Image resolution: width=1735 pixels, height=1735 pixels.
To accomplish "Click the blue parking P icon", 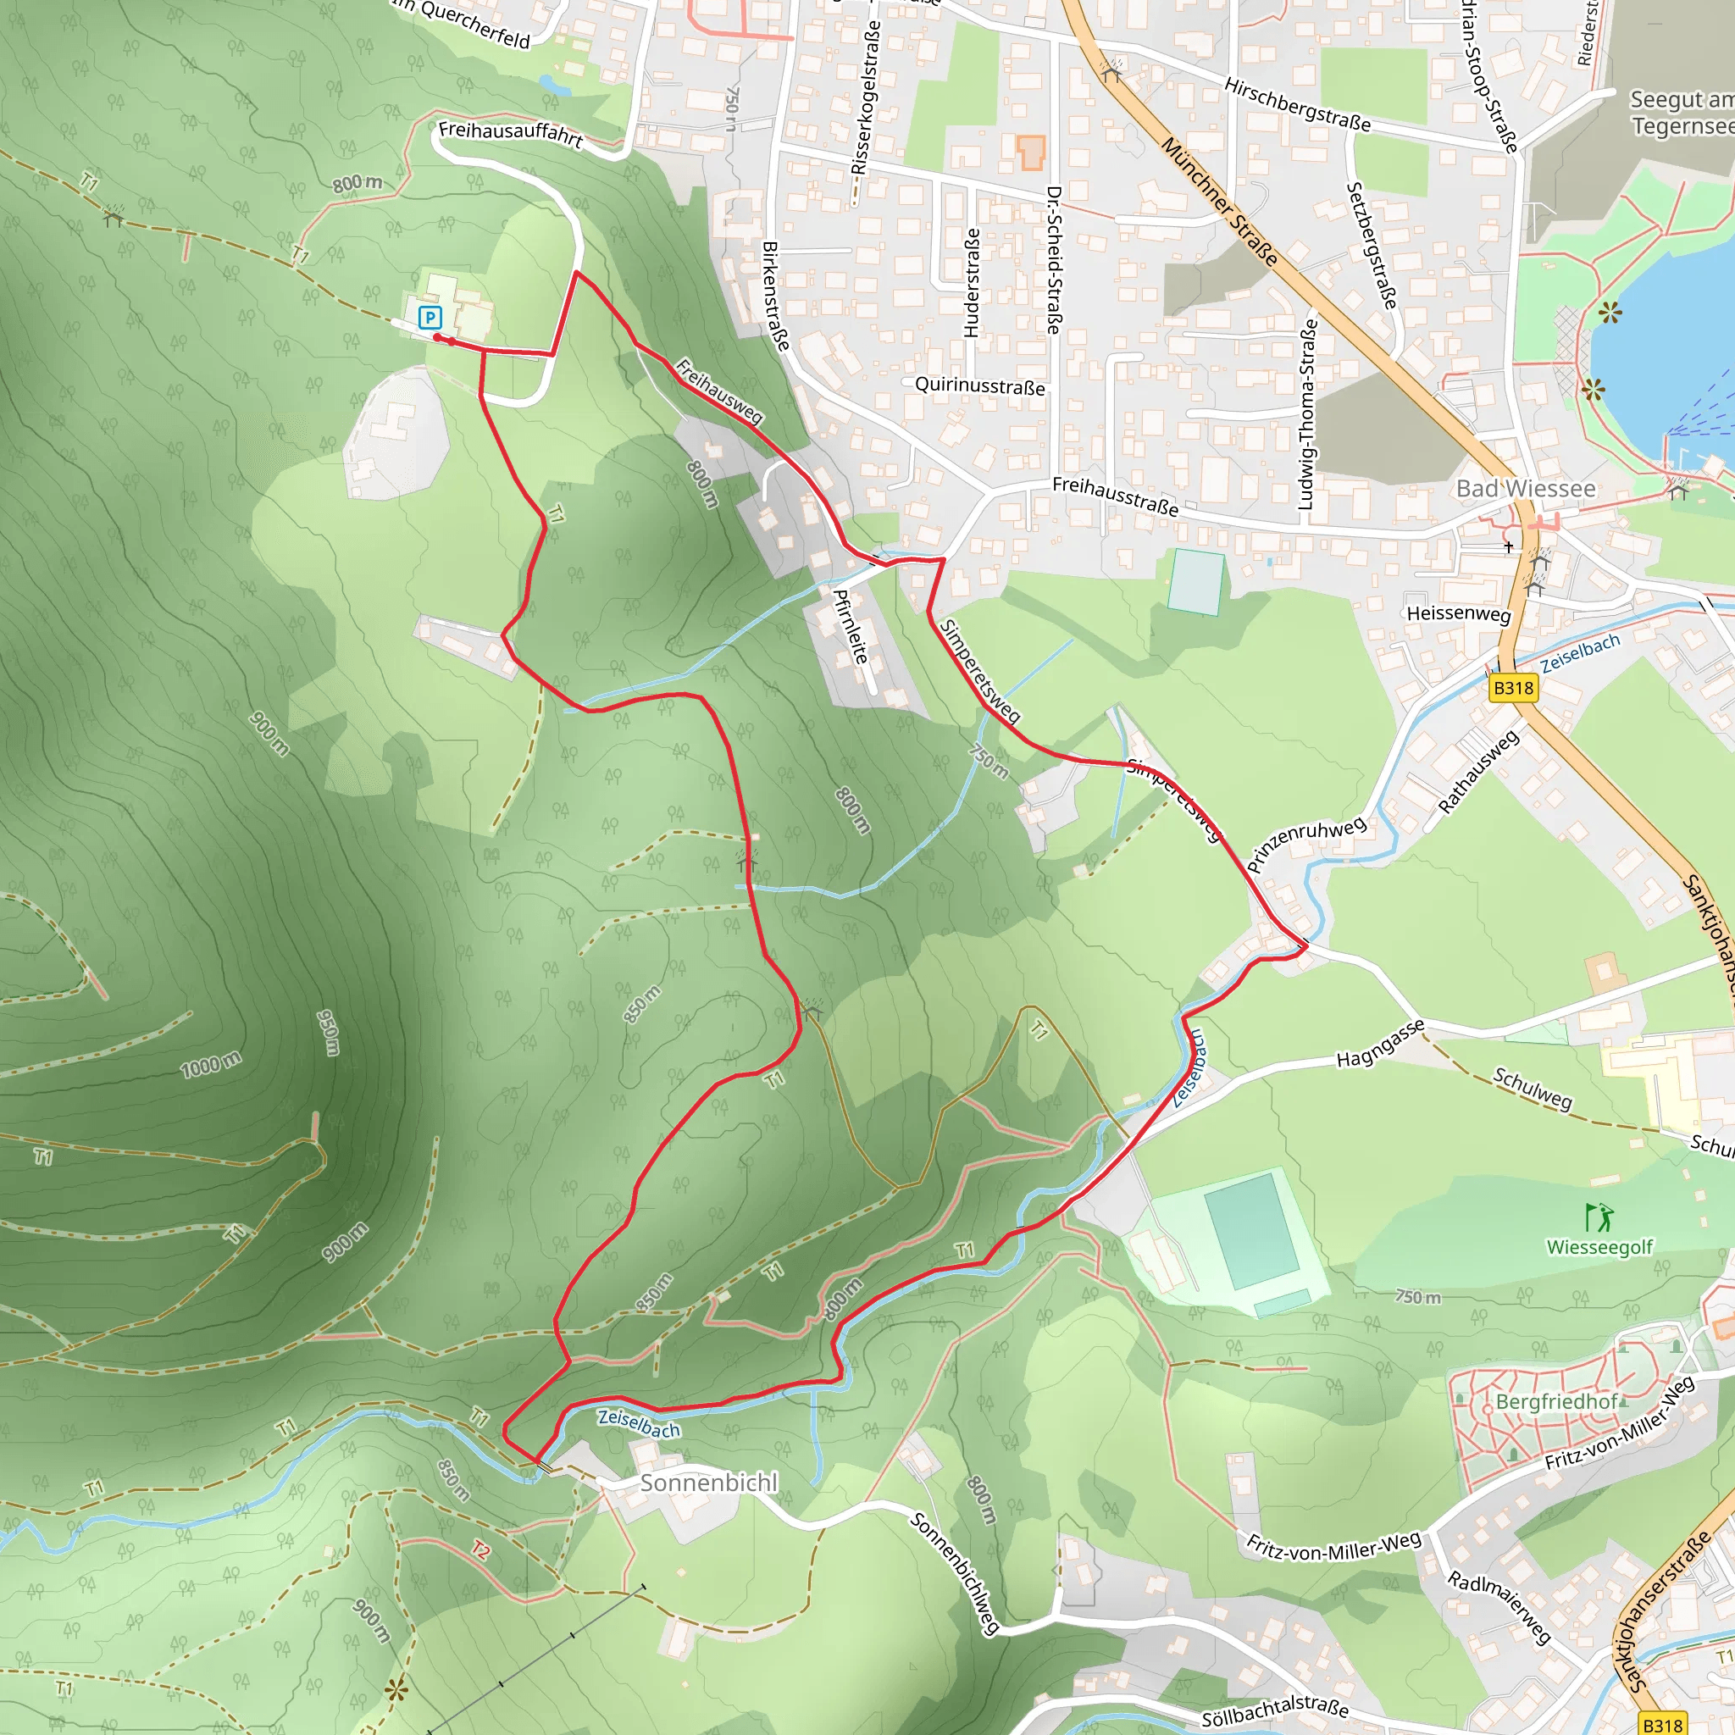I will pos(430,317).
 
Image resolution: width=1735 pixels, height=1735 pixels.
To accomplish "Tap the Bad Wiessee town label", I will pos(1526,489).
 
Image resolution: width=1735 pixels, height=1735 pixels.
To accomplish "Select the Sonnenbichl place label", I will pos(708,1483).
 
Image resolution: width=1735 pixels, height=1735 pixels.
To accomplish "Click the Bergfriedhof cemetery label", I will pos(1556,1402).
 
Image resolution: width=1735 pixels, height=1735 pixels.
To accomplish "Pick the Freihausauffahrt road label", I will pos(511,135).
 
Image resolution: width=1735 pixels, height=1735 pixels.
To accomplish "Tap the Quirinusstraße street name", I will pos(980,385).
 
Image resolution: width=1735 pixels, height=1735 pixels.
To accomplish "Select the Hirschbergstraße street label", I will pos(1298,105).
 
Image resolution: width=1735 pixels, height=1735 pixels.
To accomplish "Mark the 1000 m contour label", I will pos(211,1065).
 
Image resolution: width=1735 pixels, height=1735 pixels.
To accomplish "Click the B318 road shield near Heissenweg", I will pos(1513,688).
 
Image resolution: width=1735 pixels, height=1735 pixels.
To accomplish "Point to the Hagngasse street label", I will pos(1380,1044).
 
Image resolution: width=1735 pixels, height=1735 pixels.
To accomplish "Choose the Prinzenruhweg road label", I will pos(1306,844).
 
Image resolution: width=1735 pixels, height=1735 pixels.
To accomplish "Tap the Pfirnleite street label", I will pos(851,626).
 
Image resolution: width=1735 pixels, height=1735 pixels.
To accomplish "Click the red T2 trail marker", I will pos(481,1550).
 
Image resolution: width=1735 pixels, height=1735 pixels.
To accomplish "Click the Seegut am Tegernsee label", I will pos(1681,114).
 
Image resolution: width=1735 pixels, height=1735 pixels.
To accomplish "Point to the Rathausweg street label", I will pos(1478,772).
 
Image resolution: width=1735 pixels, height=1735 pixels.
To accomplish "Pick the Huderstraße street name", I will pos(972,282).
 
